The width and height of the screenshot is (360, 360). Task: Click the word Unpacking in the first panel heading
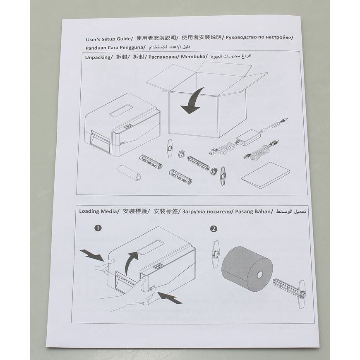pyautogui.click(x=98, y=57)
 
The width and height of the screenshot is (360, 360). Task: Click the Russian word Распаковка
pyautogui.click(x=163, y=57)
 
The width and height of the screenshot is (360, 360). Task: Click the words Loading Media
pyautogui.click(x=98, y=211)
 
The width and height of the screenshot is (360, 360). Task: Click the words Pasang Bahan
pyautogui.click(x=252, y=211)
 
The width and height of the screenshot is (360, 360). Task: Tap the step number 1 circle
pyautogui.click(x=98, y=228)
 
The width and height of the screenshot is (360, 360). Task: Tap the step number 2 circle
pyautogui.click(x=214, y=229)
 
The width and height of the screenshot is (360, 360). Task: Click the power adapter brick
pyautogui.click(x=248, y=137)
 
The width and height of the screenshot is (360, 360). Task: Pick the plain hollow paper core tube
pyautogui.click(x=129, y=173)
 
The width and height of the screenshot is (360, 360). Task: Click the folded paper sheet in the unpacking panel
pyautogui.click(x=265, y=175)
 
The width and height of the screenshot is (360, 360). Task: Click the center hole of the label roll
pyautogui.click(x=260, y=274)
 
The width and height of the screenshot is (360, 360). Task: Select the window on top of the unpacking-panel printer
pyautogui.click(x=120, y=110)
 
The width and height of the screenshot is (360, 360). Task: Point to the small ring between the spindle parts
pyautogui.click(x=182, y=154)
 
